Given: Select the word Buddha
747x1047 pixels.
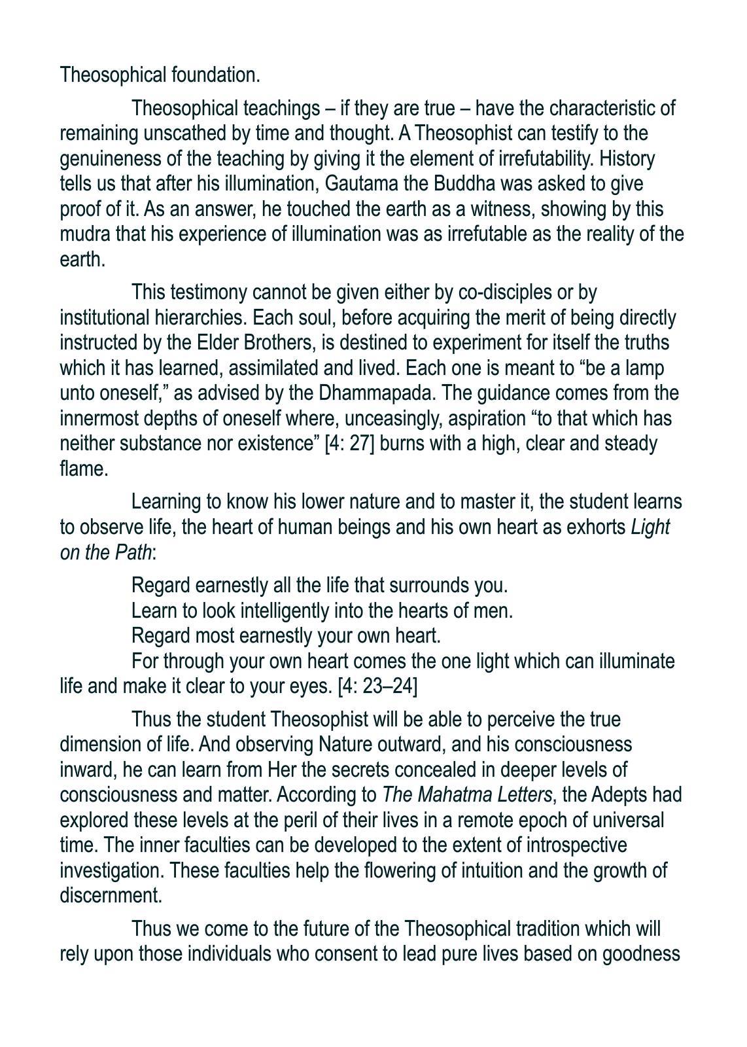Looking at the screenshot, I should point(469,184).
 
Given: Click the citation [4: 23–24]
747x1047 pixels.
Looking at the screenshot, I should point(377,686).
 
